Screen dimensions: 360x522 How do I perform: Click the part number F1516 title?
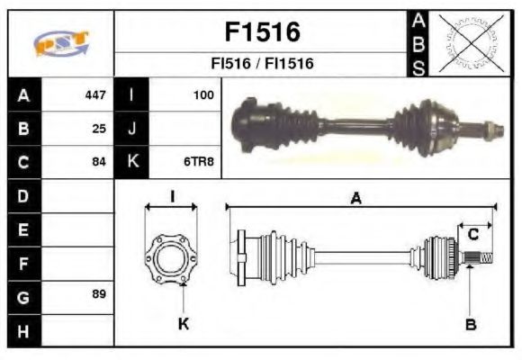tap(261, 32)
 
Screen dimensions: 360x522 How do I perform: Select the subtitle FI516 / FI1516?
tap(261, 64)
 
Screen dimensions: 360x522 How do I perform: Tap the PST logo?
tap(60, 42)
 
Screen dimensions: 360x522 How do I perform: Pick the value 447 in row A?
tap(95, 94)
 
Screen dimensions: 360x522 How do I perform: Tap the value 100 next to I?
tap(204, 94)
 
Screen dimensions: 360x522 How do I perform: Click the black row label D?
tap(22, 195)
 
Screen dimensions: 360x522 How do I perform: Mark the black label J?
tap(132, 128)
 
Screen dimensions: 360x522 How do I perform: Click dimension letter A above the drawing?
tap(356, 200)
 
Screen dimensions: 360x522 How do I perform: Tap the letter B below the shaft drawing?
tap(470, 324)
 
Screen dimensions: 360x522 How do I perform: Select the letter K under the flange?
tap(183, 324)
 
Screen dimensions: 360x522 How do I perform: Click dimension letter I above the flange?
tap(171, 197)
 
